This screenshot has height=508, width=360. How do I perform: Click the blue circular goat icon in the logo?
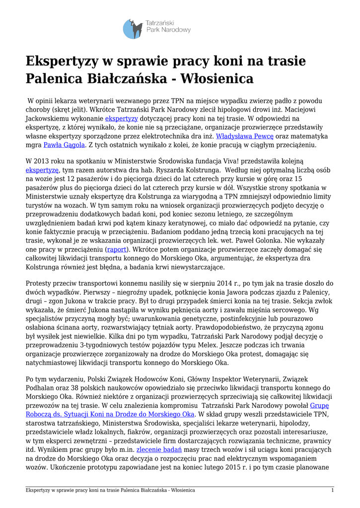(133, 29)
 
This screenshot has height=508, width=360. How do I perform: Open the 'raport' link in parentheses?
(117, 249)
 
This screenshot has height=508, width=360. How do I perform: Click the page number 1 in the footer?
(332, 490)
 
